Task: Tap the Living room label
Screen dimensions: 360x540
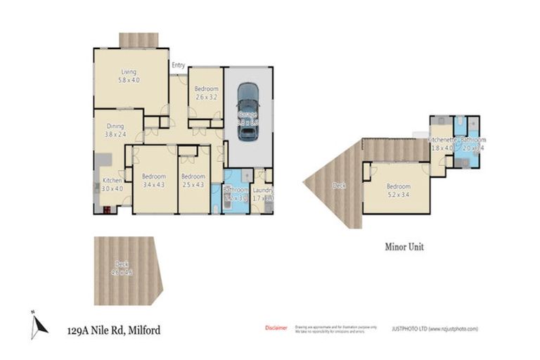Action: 128,72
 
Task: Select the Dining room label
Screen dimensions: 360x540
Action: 115,127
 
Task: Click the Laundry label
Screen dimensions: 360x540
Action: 262,191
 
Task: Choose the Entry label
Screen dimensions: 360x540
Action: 178,66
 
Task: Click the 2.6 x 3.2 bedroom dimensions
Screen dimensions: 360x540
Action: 206,97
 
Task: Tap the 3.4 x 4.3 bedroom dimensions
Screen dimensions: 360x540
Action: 153,184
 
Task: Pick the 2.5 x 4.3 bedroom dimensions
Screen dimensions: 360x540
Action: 193,184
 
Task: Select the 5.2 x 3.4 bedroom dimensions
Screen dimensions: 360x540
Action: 398,195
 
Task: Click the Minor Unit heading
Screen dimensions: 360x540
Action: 404,247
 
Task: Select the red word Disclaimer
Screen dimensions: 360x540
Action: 276,328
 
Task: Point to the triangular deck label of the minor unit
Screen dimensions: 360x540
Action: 338,186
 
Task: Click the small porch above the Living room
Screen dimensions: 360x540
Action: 139,40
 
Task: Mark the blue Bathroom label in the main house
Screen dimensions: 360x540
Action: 236,191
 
